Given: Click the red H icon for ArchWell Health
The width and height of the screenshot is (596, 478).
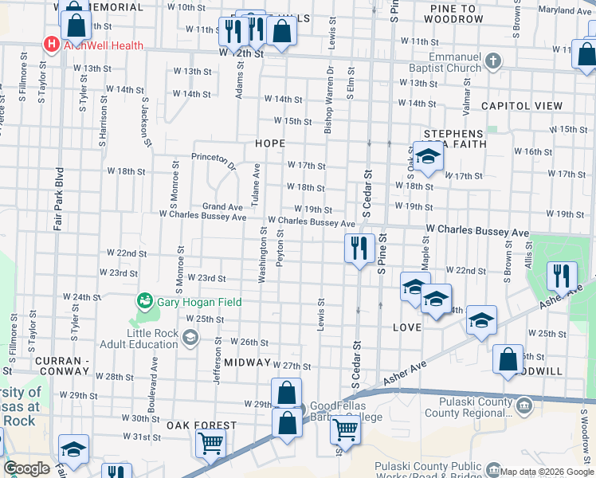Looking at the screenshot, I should pyautogui.click(x=52, y=45).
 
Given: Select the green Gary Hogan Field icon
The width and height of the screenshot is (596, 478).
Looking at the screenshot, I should pyautogui.click(x=144, y=300).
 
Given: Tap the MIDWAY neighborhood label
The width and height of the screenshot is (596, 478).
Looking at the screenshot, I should pyautogui.click(x=247, y=362).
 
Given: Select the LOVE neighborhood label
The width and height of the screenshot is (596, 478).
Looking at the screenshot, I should pyautogui.click(x=406, y=327).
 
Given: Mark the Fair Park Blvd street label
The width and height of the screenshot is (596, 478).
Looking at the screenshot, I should pyautogui.click(x=59, y=198).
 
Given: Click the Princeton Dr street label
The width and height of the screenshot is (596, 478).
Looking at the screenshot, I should pyautogui.click(x=214, y=161).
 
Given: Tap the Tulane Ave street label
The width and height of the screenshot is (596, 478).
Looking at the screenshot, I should pyautogui.click(x=256, y=185).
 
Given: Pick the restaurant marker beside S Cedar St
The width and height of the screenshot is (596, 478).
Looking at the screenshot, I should pyautogui.click(x=359, y=249).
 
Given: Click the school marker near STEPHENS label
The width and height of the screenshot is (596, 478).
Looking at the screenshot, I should pyautogui.click(x=428, y=157).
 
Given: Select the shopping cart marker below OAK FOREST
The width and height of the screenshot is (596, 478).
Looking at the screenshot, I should pyautogui.click(x=210, y=442).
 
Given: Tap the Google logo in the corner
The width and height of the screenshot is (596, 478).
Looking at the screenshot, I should pyautogui.click(x=25, y=468).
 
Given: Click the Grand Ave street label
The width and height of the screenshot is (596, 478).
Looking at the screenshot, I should pyautogui.click(x=222, y=206).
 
